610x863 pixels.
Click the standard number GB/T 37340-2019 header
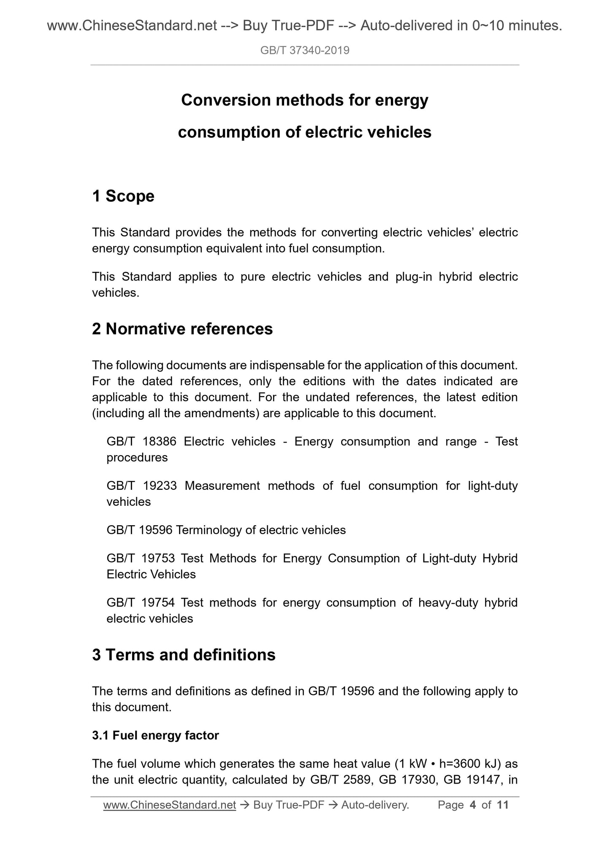click(305, 51)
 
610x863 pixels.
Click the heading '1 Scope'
click(123, 196)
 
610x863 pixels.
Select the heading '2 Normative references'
click(182, 329)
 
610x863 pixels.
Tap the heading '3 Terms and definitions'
click(184, 655)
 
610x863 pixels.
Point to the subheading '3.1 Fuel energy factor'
click(155, 735)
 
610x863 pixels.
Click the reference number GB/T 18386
click(141, 442)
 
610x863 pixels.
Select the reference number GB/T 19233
click(141, 486)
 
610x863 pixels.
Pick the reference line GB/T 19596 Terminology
click(226, 530)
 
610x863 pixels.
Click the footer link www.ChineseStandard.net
click(169, 805)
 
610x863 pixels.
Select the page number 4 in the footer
click(473, 805)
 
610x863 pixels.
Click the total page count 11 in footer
click(503, 805)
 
